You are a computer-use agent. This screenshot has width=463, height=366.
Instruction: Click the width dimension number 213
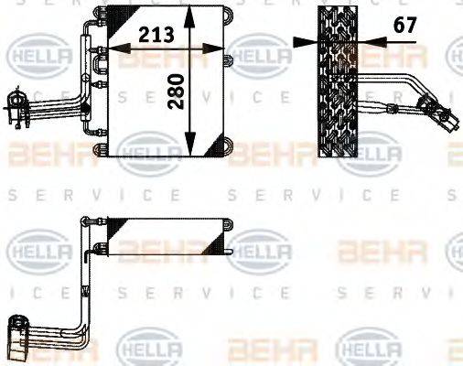[x=157, y=36]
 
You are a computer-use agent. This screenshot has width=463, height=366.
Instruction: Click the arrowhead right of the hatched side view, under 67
[x=365, y=41]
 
